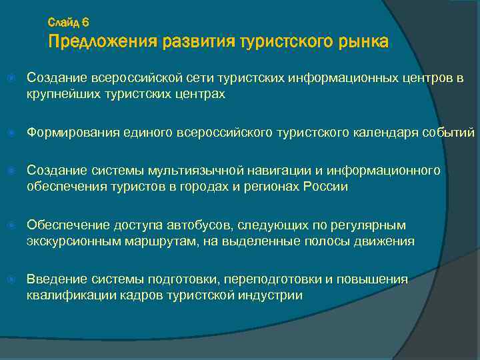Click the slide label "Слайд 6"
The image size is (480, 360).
point(73,22)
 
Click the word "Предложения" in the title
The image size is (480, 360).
point(101,42)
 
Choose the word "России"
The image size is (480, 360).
point(326,187)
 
